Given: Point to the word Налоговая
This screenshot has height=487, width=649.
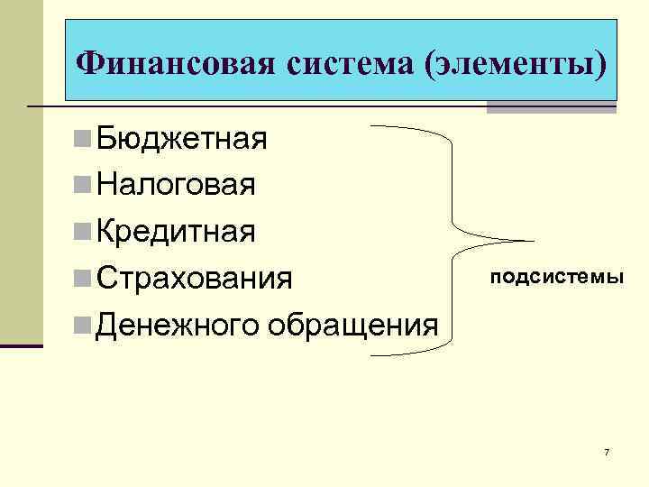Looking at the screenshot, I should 177,185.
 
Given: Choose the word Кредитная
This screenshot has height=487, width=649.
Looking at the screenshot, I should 177,231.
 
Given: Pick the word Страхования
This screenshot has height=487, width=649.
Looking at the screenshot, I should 195,277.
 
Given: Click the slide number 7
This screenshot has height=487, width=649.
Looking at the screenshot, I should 607,451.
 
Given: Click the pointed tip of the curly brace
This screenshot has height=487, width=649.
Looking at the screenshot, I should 532,241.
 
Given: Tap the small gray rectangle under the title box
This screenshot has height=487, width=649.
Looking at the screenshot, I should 551,107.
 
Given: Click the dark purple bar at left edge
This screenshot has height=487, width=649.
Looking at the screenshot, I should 21,345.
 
